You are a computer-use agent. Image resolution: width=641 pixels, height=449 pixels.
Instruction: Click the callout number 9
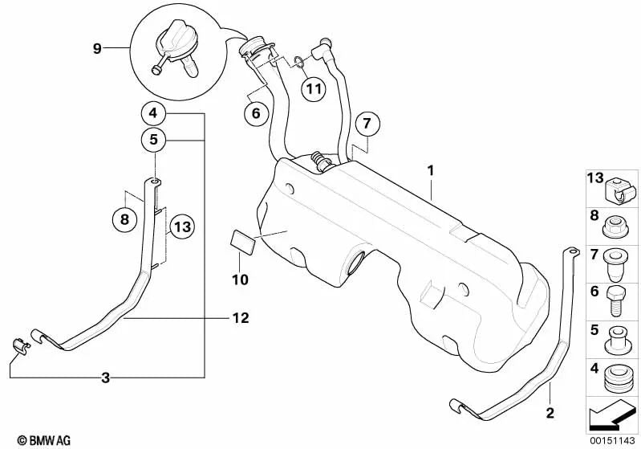(96, 49)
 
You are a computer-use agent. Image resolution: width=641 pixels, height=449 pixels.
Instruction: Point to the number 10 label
(241, 280)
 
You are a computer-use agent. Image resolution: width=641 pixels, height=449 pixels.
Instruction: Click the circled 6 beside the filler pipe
(256, 113)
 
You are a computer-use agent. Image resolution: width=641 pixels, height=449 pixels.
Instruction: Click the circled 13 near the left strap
(182, 227)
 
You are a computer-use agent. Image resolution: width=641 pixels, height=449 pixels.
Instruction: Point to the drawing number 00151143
(609, 440)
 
